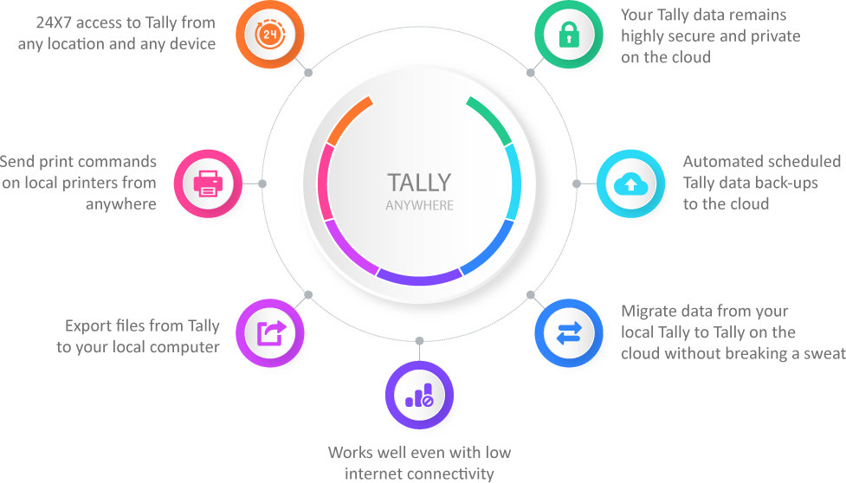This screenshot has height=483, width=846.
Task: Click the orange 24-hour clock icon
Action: [270, 35]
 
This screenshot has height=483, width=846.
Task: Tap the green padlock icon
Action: [569, 35]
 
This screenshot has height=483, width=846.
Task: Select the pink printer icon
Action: [208, 184]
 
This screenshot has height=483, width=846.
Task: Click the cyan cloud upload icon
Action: [630, 184]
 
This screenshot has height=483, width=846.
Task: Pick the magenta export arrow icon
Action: [270, 332]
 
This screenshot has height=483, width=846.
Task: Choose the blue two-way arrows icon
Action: [569, 332]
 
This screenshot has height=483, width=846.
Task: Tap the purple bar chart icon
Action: [419, 395]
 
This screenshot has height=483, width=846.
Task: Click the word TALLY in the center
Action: [419, 183]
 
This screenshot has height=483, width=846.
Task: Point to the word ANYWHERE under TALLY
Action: [419, 205]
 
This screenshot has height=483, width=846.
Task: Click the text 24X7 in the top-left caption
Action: [54, 23]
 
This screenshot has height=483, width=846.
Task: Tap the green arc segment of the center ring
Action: [490, 119]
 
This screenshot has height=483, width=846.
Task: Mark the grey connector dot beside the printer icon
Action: [262, 184]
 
